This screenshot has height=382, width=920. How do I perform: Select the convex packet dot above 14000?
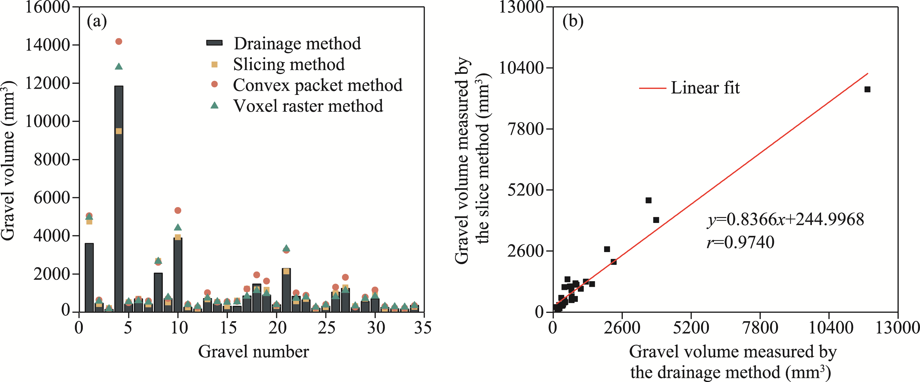[x=119, y=41]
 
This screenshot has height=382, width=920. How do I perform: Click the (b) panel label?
[x=573, y=22]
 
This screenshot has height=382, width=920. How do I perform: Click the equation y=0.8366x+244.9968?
[x=786, y=219]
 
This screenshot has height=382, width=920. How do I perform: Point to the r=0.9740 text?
[x=741, y=242]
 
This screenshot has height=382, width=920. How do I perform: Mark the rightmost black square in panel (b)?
[x=867, y=89]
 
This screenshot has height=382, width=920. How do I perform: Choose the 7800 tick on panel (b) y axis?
[x=525, y=129]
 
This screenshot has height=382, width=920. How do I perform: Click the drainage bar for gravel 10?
[x=178, y=275]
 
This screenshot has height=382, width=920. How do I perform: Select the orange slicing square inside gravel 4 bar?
[x=119, y=131]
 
